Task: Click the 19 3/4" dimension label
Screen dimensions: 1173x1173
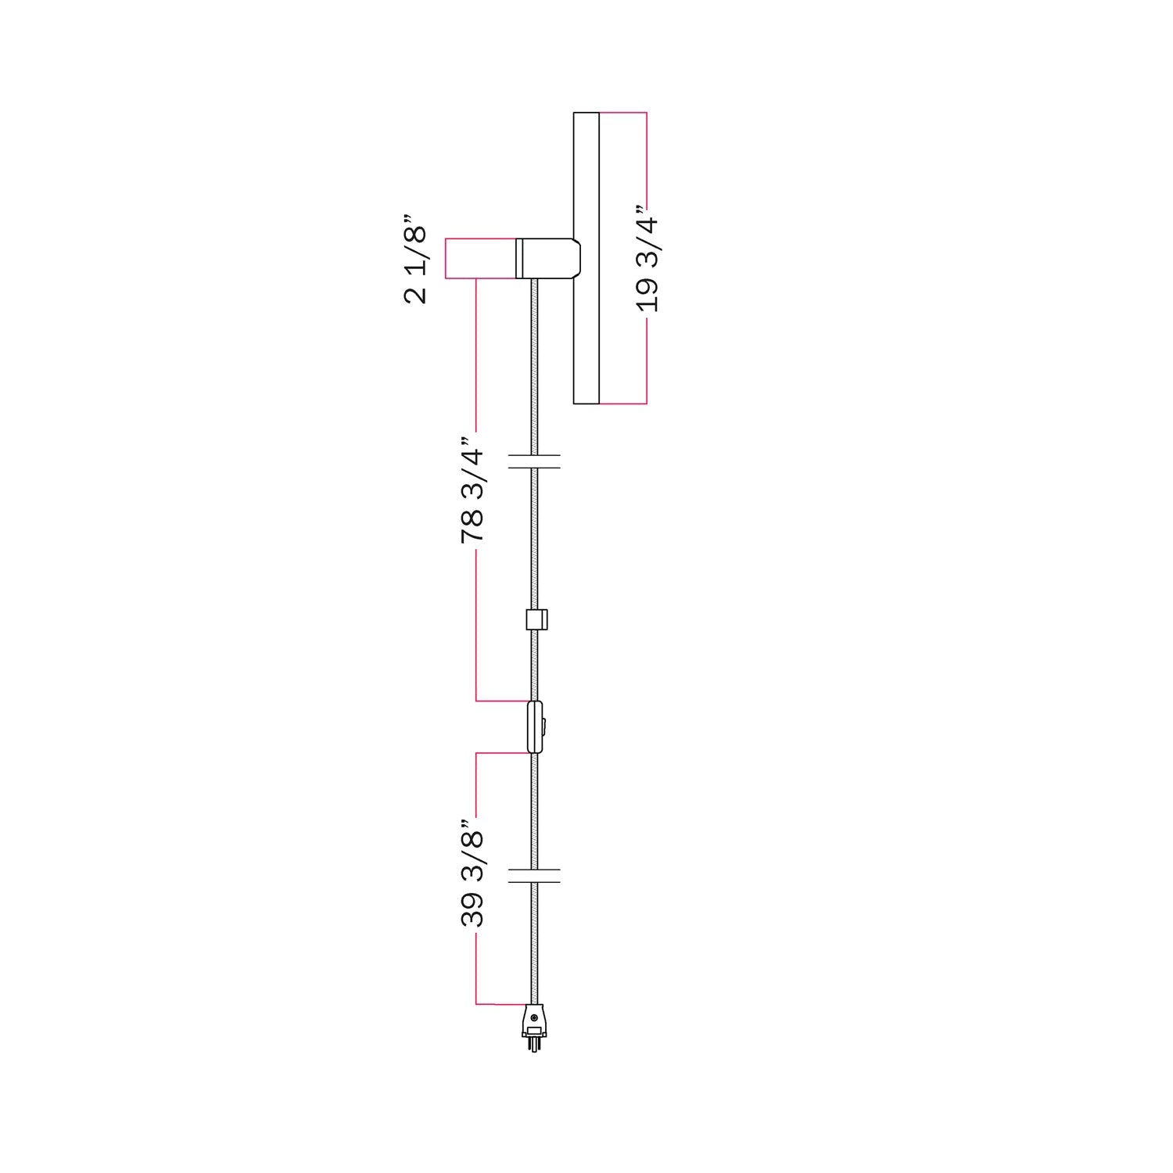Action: coord(647,259)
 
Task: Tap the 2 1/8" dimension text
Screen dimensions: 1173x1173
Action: coord(416,259)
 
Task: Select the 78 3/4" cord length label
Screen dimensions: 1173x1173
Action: coord(472,491)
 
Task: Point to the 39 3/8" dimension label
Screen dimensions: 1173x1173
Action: coord(472,874)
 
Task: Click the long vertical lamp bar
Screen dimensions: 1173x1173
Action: coord(586,258)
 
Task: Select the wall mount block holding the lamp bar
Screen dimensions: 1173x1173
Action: coord(547,258)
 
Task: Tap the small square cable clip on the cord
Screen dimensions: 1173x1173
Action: coord(536,619)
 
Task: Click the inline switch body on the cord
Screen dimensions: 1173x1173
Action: coord(535,726)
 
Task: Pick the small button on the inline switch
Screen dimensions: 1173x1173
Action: coord(543,726)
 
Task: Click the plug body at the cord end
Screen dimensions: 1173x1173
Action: coord(534,1021)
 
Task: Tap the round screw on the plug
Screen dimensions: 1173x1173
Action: coord(534,1017)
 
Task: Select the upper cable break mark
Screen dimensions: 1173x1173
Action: coord(534,461)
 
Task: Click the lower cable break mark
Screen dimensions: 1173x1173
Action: coord(534,875)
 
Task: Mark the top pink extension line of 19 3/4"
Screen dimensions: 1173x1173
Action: coord(622,113)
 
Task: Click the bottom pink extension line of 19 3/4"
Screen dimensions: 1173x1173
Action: coord(622,404)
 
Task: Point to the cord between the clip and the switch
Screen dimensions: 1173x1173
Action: coord(534,665)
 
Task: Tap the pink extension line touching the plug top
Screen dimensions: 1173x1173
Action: coord(500,1003)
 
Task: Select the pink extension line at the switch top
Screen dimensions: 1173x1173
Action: coord(500,701)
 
